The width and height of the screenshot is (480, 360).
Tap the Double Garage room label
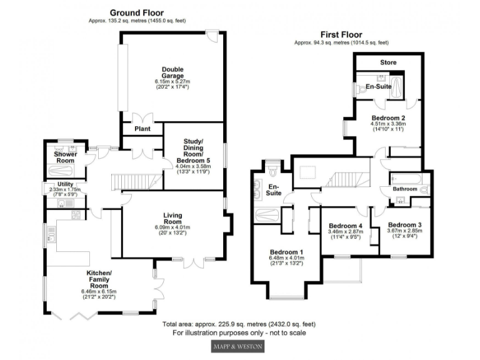tap(172, 72)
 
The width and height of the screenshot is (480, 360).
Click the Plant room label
tap(142, 129)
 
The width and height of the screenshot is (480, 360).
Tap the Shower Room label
tap(66, 157)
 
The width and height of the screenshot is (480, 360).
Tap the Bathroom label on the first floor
tap(404, 188)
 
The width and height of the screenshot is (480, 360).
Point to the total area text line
tap(239, 324)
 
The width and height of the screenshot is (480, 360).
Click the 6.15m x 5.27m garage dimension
tap(172, 81)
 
